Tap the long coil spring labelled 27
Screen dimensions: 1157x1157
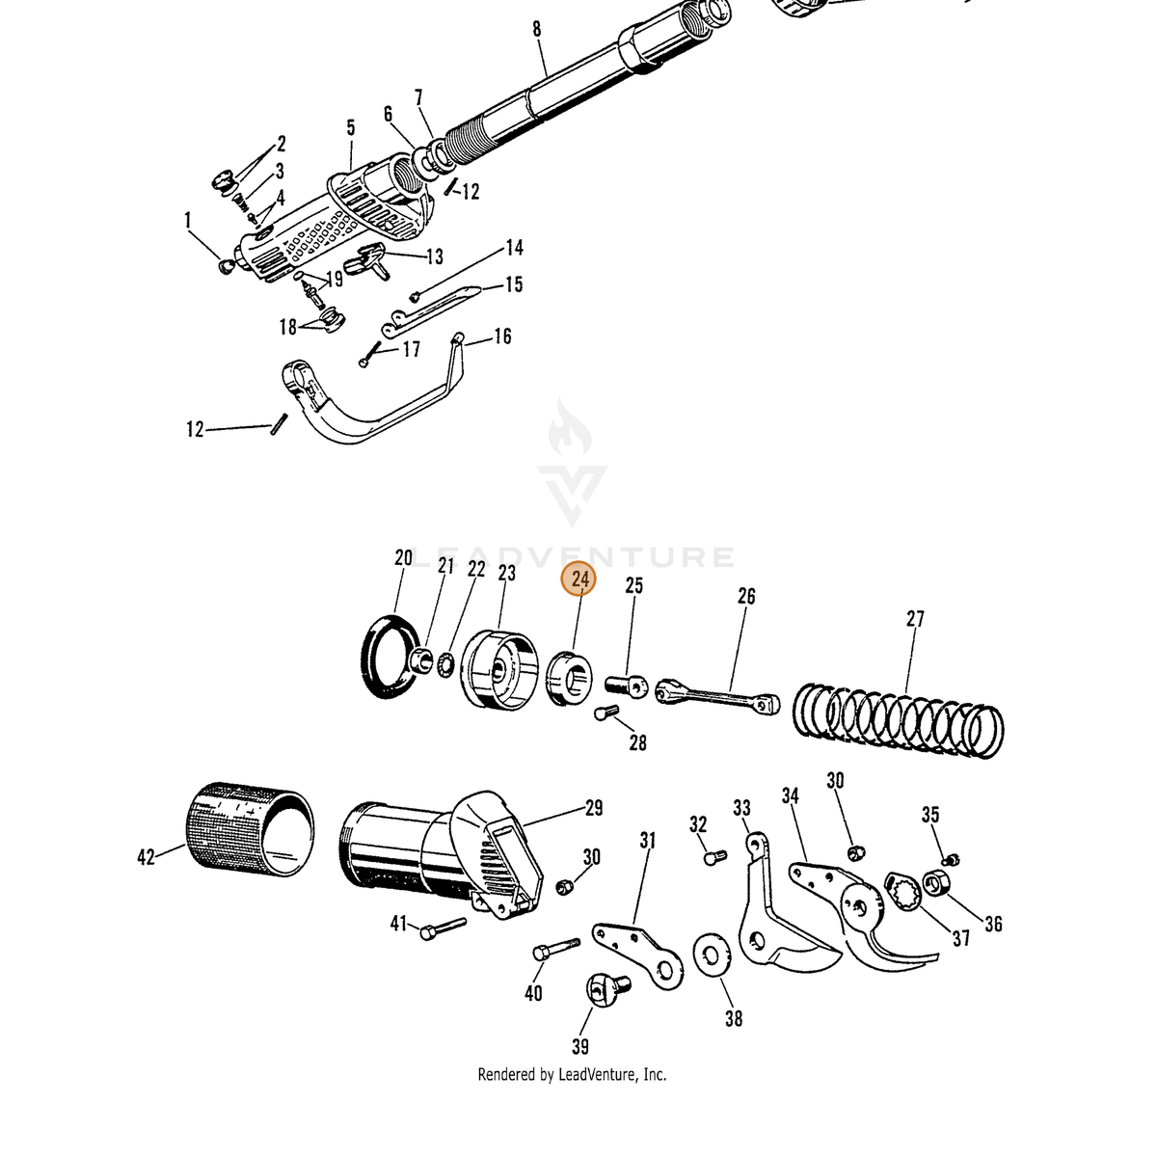899,720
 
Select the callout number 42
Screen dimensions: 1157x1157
146,856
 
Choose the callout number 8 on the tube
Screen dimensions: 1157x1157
536,29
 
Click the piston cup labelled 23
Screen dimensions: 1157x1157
498,669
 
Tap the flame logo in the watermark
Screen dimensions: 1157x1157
570,426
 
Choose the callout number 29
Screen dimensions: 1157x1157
594,808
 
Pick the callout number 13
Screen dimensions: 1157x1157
435,256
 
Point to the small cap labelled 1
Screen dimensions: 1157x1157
226,266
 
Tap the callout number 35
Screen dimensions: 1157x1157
930,815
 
